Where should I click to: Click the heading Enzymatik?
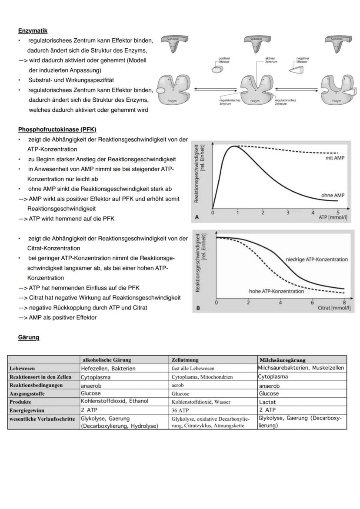point(33,31)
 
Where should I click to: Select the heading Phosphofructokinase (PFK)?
point(57,130)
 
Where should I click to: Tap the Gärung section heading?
point(29,337)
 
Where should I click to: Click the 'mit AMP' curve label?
point(334,158)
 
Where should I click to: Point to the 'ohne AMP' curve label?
point(333,195)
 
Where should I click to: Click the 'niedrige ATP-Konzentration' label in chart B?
point(317,259)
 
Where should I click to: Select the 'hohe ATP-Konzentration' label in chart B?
point(276,291)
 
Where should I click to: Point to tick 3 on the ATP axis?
point(287,213)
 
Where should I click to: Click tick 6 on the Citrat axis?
point(312,302)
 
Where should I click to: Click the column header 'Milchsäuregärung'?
point(282,360)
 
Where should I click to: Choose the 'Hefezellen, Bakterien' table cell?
point(108,368)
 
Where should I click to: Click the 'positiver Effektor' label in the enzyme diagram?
point(224,60)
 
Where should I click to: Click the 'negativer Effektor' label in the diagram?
point(303,60)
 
